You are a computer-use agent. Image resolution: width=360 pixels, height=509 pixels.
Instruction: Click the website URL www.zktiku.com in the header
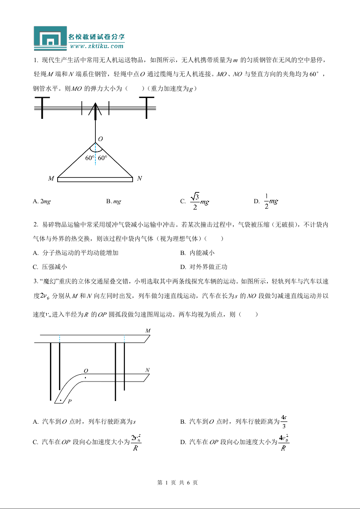pos(97,46)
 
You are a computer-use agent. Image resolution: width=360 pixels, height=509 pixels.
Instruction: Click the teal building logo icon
pos(50,39)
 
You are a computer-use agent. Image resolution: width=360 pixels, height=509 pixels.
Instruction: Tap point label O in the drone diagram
pos(100,139)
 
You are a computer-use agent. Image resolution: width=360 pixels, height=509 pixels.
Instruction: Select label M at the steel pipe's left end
pos(51,179)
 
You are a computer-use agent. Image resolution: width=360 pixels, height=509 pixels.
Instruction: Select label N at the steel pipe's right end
pos(139,179)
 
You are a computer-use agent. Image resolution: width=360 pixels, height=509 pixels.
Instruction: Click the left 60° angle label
pos(89,158)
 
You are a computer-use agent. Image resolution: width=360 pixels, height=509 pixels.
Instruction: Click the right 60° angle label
pos(103,158)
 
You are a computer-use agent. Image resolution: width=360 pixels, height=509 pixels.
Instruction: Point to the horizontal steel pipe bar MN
pos(95,179)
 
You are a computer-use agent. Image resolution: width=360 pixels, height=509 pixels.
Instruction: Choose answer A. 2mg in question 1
pos(42,201)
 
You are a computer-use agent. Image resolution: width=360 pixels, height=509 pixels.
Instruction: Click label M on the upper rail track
pos(148,331)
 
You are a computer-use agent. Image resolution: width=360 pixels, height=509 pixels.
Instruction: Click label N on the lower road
pos(147,370)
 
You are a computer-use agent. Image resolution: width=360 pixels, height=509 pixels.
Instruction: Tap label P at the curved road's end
pos(69,401)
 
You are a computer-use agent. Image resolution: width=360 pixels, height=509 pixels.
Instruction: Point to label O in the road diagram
pos(85,371)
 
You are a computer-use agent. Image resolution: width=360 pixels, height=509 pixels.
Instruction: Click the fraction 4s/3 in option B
pos(284,421)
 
